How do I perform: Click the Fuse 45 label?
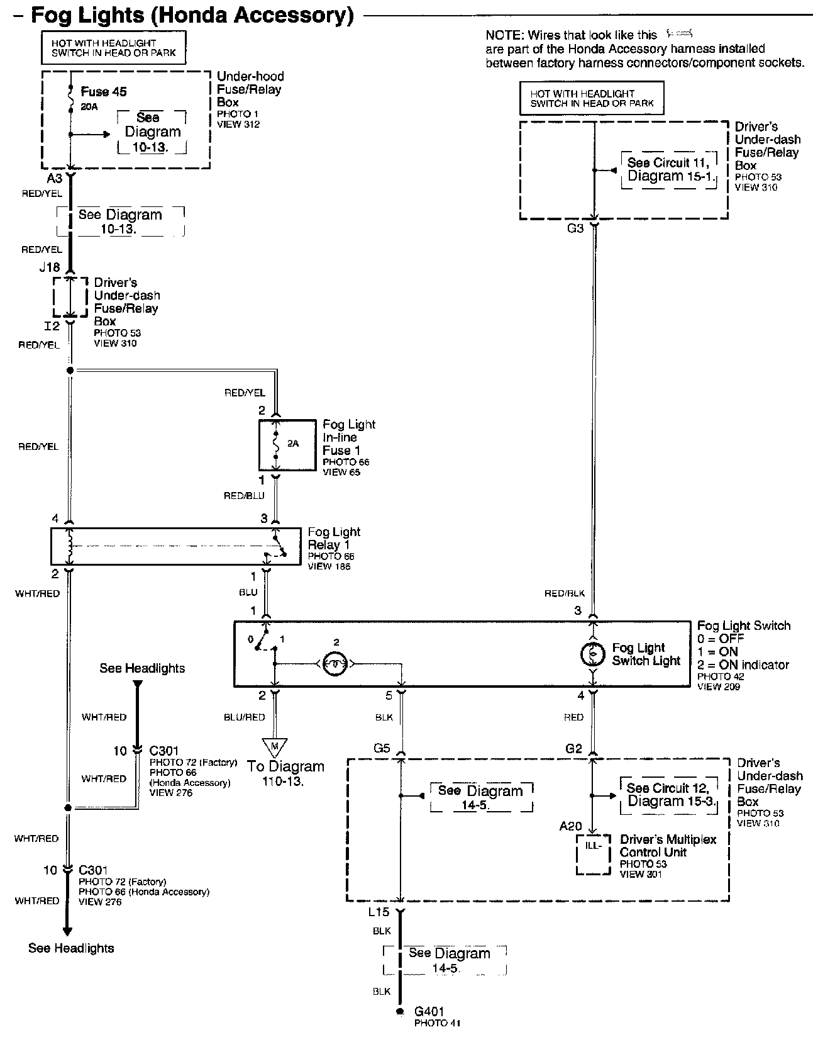pyautogui.click(x=104, y=92)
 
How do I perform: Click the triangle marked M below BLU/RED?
pyautogui.click(x=274, y=746)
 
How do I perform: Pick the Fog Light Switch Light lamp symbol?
pyautogui.click(x=592, y=654)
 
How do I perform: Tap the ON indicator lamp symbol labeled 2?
pyautogui.click(x=336, y=663)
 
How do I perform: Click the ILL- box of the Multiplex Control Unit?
pyautogui.click(x=594, y=855)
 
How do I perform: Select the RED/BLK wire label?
pyautogui.click(x=565, y=593)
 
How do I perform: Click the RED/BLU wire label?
pyautogui.click(x=244, y=496)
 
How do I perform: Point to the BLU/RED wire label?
pyautogui.click(x=245, y=717)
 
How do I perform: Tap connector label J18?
pyautogui.click(x=50, y=267)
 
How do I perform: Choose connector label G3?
pyautogui.click(x=575, y=228)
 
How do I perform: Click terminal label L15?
pyautogui.click(x=379, y=912)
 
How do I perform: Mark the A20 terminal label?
pyautogui.click(x=571, y=826)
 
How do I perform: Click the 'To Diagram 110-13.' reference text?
pyautogui.click(x=285, y=773)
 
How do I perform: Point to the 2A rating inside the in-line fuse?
pyautogui.click(x=293, y=443)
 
